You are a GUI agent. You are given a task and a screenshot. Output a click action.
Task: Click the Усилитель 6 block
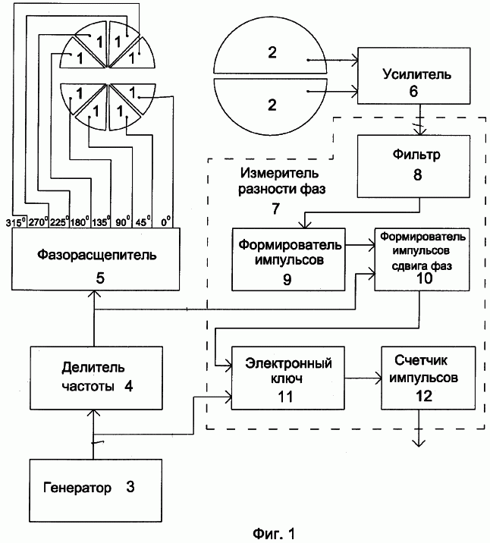tap(414, 76)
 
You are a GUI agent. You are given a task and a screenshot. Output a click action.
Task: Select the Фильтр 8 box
tap(414, 166)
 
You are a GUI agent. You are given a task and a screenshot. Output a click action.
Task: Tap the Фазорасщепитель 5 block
tap(96, 259)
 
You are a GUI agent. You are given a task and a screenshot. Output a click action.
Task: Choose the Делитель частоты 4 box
tap(96, 378)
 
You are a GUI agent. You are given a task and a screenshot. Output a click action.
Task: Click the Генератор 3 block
tap(96, 491)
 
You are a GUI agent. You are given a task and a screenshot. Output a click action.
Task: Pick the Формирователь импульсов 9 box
tap(288, 259)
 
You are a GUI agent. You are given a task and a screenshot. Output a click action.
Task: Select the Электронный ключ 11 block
tap(288, 378)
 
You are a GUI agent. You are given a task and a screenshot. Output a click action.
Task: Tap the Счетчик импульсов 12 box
tap(428, 378)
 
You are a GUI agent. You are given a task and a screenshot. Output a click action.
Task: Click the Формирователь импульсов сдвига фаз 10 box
tap(422, 259)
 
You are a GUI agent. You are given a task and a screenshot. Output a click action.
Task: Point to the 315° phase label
tap(16, 222)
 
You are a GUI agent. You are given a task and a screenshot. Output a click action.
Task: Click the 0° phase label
tap(166, 221)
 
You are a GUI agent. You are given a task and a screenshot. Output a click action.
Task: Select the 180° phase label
tap(80, 221)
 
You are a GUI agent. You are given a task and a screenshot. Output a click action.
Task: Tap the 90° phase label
tap(123, 221)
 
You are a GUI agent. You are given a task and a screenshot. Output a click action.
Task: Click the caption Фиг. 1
tap(274, 533)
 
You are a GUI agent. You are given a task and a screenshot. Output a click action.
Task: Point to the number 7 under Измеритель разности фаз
tap(275, 209)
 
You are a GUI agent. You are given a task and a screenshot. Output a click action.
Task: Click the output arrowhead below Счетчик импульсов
tap(419, 443)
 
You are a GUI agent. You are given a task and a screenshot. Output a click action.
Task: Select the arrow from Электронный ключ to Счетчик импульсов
tap(363, 378)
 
